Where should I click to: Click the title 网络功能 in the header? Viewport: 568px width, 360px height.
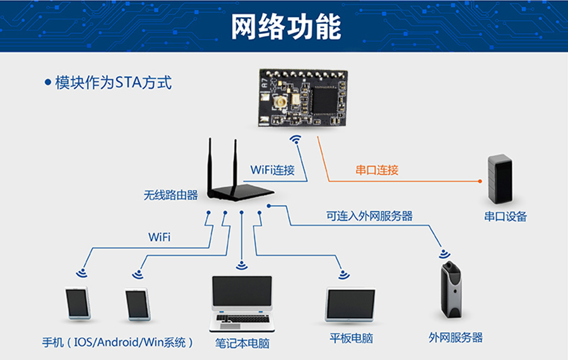[x=285, y=26]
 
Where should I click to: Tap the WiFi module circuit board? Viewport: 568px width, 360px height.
[x=304, y=98]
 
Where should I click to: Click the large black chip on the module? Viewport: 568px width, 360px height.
[x=327, y=99]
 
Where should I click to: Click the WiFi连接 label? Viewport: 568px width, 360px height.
[x=273, y=169]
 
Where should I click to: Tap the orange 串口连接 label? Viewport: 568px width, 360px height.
[x=377, y=170]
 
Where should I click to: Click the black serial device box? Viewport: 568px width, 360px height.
[x=500, y=179]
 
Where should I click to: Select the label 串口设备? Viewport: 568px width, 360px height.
[x=505, y=217]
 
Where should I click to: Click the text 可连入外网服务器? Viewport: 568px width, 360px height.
[x=369, y=216]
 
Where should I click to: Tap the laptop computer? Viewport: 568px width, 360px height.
[x=242, y=303]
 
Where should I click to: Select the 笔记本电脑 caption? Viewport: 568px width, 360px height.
[x=242, y=344]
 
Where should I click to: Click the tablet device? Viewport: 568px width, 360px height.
[x=350, y=305]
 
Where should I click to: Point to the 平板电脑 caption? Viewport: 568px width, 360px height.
[x=351, y=339]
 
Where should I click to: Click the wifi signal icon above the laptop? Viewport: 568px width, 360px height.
[x=242, y=265]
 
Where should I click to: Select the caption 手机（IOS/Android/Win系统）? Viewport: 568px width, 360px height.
[x=117, y=343]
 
